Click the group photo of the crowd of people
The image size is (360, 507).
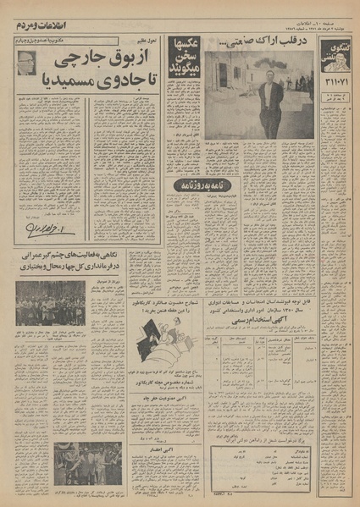(51, 302)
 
